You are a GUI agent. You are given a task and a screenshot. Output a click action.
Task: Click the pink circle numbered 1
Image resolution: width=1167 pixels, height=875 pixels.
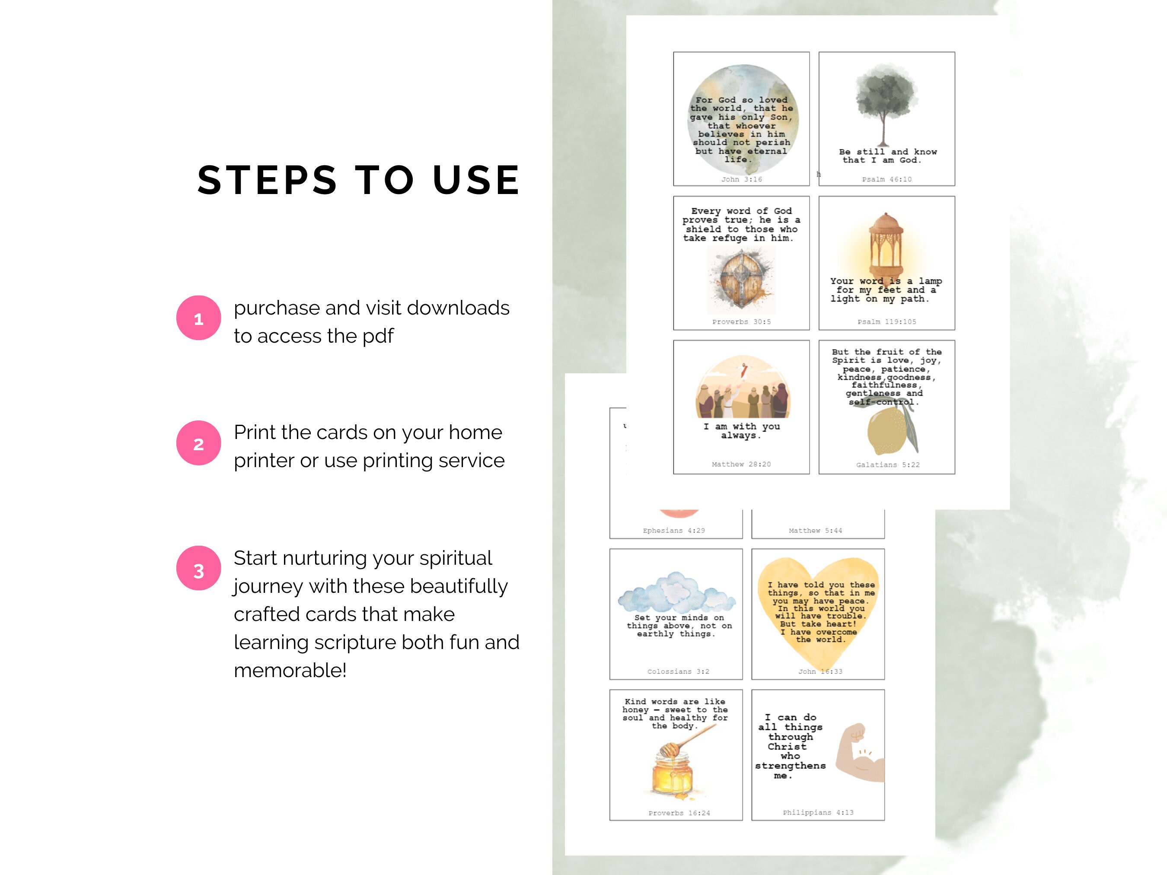point(198,318)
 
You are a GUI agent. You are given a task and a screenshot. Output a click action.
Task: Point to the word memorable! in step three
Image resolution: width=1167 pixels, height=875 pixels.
point(290,670)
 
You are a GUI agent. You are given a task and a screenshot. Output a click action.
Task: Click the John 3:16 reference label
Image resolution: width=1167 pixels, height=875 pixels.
point(741,179)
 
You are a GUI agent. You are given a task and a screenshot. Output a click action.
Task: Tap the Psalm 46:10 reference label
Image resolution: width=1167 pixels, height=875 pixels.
point(886,179)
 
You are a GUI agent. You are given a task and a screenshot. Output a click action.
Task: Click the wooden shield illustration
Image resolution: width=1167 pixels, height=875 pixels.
point(741,280)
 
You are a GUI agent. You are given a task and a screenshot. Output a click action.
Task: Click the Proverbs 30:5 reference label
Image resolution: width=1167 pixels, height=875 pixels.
point(741,322)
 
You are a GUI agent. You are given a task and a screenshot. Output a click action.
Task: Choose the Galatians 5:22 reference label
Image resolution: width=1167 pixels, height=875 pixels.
point(887,465)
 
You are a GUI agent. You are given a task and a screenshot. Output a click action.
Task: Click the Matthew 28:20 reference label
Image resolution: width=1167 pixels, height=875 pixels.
point(741,464)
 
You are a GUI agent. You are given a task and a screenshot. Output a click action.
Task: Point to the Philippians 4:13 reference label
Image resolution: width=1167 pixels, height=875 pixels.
point(818,812)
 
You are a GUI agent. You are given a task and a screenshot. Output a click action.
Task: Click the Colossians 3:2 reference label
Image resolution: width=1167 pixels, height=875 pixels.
point(678,671)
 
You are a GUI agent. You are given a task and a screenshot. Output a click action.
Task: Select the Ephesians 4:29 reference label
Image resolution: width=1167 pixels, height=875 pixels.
point(674,531)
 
